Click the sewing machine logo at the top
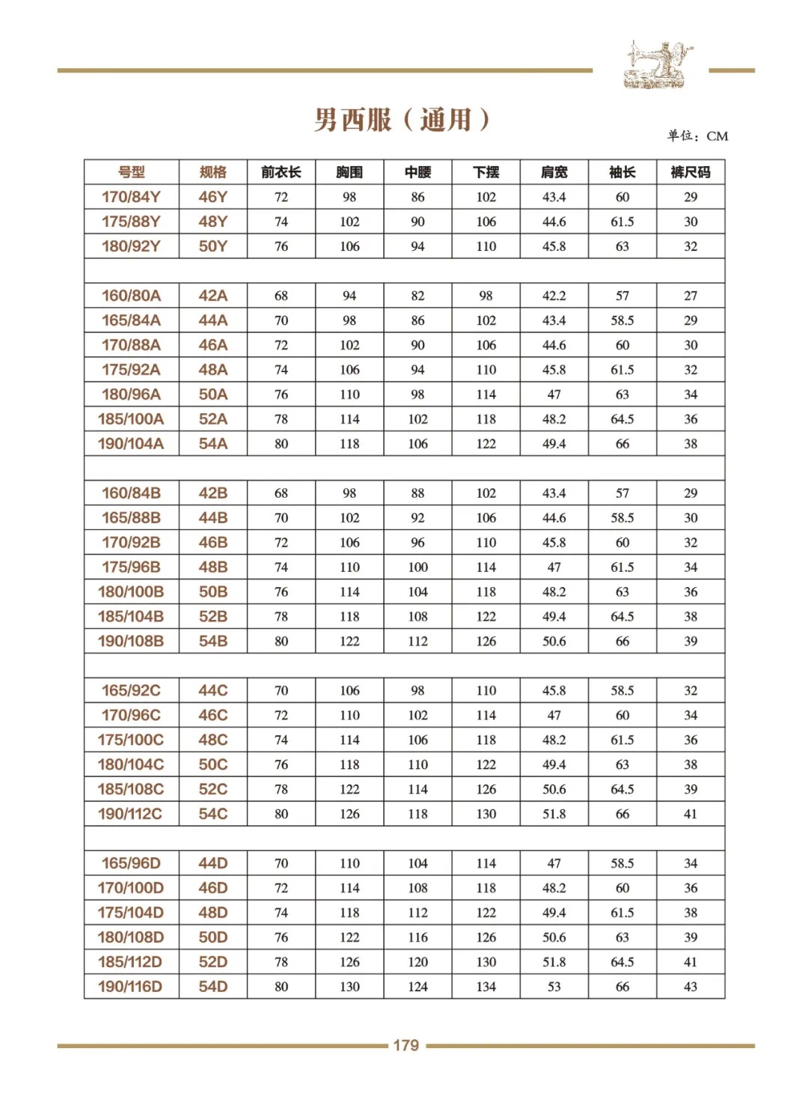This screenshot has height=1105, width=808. (655, 65)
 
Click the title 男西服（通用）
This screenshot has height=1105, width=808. (403, 120)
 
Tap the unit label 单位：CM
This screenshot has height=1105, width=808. (697, 136)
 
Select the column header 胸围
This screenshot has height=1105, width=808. (349, 172)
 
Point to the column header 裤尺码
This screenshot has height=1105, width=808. (691, 172)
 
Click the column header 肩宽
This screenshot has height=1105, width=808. (554, 172)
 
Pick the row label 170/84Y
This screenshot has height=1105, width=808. (131, 197)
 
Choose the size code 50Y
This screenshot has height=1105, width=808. (213, 246)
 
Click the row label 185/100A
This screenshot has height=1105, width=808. (131, 419)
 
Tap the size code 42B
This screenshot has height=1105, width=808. (213, 493)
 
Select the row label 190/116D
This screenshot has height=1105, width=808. (130, 987)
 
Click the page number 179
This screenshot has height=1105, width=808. (405, 1046)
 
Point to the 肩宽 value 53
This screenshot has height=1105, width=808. (554, 987)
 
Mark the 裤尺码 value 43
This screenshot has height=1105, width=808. (691, 987)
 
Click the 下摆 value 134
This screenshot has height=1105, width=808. (486, 987)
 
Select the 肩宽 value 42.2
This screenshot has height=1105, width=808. (554, 296)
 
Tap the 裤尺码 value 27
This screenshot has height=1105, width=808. (691, 296)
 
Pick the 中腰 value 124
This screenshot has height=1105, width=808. (418, 987)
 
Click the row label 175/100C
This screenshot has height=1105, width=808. (131, 740)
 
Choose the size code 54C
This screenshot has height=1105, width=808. (213, 814)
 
